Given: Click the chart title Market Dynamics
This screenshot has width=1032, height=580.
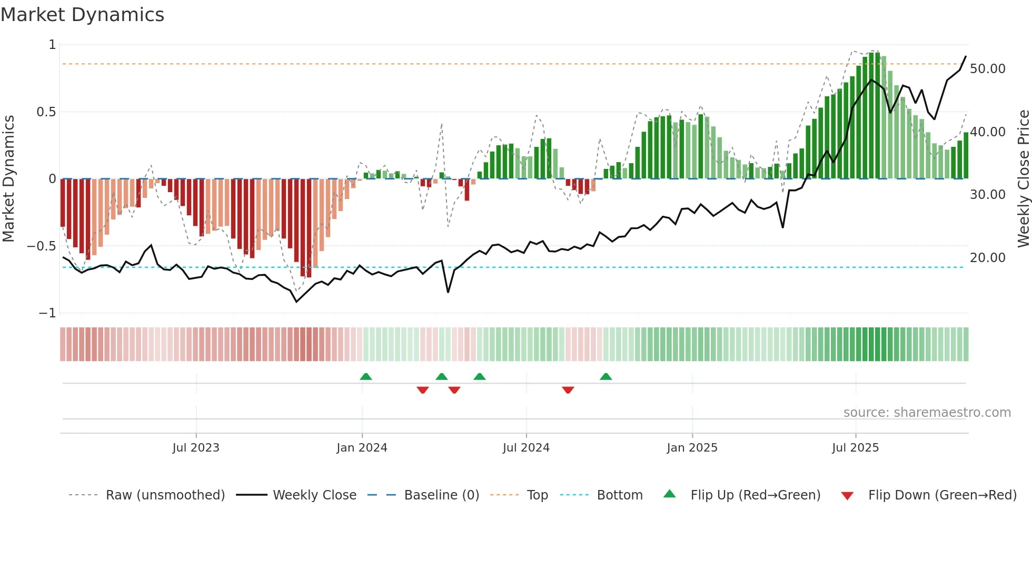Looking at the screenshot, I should [82, 15].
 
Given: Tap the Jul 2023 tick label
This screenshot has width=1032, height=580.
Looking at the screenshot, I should [196, 448].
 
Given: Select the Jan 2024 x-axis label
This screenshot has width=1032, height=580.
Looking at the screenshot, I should [362, 448].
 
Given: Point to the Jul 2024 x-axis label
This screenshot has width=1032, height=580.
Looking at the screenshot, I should [526, 448].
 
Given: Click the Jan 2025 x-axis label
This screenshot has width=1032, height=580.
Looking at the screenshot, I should [692, 448].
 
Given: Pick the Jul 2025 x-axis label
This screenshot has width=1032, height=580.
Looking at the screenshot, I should [856, 448].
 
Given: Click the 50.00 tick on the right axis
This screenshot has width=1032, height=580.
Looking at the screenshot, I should [988, 69].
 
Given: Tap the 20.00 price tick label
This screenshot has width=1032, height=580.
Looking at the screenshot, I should [988, 258].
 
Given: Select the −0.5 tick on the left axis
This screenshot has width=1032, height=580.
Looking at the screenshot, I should [42, 246].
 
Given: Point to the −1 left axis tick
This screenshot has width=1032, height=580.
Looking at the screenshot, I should [47, 313].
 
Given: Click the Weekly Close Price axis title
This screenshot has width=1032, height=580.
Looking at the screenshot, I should [1023, 179].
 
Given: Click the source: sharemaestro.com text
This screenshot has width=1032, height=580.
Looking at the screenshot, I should [927, 413].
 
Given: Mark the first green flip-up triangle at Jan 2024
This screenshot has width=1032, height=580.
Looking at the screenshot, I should [366, 377].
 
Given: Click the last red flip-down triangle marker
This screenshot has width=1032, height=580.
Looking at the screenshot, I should [568, 390].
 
